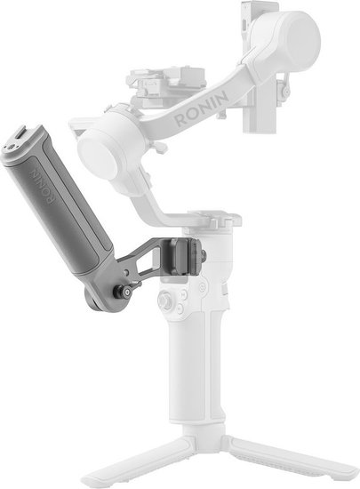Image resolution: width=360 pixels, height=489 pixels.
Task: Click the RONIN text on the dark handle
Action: coord(42,187)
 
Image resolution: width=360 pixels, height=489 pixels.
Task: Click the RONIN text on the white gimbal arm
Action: coord(202,109)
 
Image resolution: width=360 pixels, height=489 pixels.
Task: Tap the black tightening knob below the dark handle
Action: coord(123,292)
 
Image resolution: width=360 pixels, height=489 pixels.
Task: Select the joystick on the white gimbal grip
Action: coord(164,301)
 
